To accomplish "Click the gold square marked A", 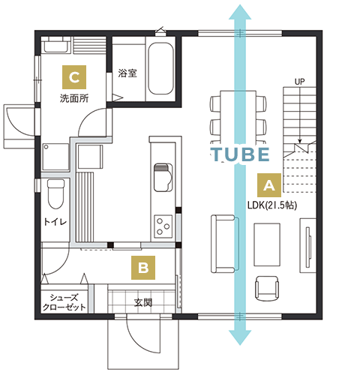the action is click(269, 185).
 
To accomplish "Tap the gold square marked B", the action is click(143, 268).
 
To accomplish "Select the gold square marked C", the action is click(74, 77).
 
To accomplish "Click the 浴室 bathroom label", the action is click(127, 73).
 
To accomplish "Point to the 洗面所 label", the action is click(74, 98).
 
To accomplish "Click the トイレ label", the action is click(55, 221).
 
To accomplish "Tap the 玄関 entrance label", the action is click(143, 302).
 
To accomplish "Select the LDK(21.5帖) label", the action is click(272, 205).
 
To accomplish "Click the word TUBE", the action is click(240, 154).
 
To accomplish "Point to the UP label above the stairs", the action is click(299, 82).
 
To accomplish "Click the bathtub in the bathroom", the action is click(160, 68).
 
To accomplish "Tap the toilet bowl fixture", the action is click(55, 194).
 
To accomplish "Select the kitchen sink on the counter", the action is click(163, 177).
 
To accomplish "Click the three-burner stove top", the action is click(163, 226).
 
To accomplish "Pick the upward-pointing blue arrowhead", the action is click(240, 12).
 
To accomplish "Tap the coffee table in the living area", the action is click(267, 244).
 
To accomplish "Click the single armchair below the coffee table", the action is click(267, 288).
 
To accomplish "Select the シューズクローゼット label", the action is click(64, 302).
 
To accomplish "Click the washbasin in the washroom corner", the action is click(56, 45).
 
